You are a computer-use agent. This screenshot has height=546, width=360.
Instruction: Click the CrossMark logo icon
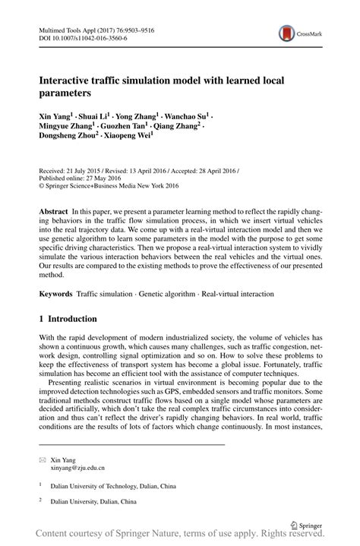286,32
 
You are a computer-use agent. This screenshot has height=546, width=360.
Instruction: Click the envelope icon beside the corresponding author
42,459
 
